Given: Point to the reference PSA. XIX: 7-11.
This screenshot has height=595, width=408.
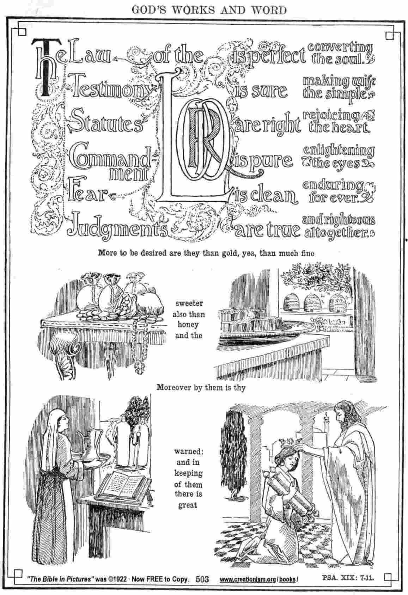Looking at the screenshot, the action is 348,577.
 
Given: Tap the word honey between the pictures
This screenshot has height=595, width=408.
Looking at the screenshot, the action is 188,325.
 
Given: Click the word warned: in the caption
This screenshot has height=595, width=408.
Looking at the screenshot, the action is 188,451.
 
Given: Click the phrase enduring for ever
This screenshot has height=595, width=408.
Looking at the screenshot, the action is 335,191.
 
